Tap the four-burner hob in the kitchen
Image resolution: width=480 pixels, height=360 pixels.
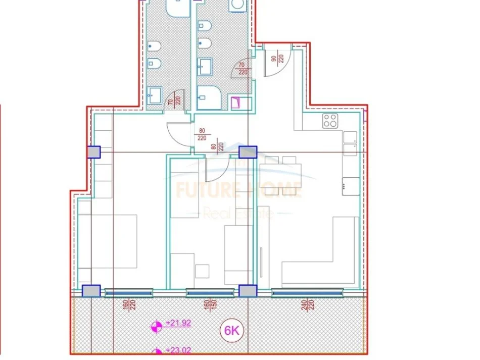330,121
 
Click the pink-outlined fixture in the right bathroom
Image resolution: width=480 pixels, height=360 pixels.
236,102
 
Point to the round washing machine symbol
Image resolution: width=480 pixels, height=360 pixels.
236,5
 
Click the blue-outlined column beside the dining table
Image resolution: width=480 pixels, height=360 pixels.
248,152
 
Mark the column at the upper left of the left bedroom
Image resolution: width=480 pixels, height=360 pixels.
93,152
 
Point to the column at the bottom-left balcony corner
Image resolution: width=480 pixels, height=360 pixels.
91,291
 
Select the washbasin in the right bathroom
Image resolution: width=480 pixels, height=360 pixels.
205,65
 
